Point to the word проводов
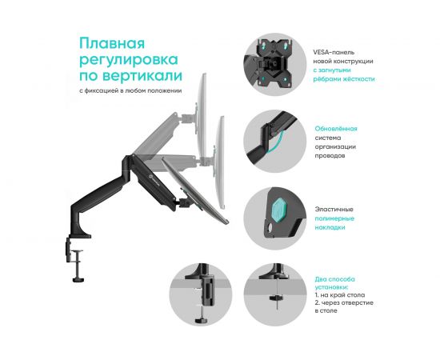point(330,155)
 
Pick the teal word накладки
point(329,227)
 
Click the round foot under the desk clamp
point(78,279)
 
